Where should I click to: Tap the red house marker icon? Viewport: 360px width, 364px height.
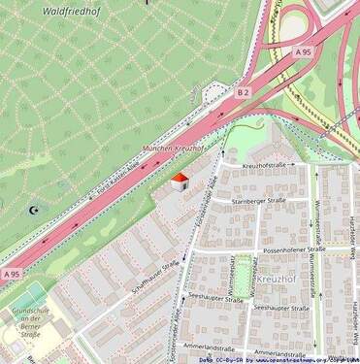click(179, 182)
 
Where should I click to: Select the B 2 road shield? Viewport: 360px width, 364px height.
click(243, 92)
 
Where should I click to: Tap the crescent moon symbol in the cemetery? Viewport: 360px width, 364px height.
click(36, 208)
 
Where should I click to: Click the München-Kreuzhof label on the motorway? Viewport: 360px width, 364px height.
click(174, 149)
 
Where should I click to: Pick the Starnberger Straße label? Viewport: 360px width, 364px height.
click(257, 201)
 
